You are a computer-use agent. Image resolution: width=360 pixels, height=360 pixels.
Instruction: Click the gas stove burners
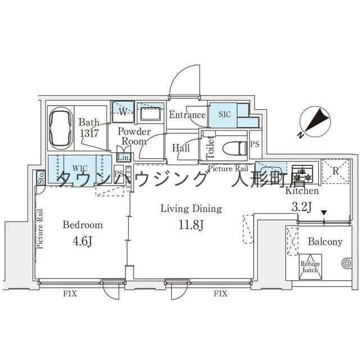(301, 172)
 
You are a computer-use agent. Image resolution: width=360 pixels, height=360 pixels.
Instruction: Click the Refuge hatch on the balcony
(309, 267)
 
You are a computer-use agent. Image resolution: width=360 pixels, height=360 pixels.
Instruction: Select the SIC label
(224, 114)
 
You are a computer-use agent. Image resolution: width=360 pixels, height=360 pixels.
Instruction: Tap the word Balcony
(325, 242)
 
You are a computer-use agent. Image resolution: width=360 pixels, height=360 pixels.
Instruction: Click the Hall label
(181, 148)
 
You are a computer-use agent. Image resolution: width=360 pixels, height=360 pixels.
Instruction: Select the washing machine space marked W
(122, 111)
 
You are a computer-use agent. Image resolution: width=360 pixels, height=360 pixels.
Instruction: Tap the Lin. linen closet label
(124, 157)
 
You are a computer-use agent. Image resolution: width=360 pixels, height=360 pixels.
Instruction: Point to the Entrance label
(187, 115)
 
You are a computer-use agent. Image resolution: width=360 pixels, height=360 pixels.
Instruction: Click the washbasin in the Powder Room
(149, 115)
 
